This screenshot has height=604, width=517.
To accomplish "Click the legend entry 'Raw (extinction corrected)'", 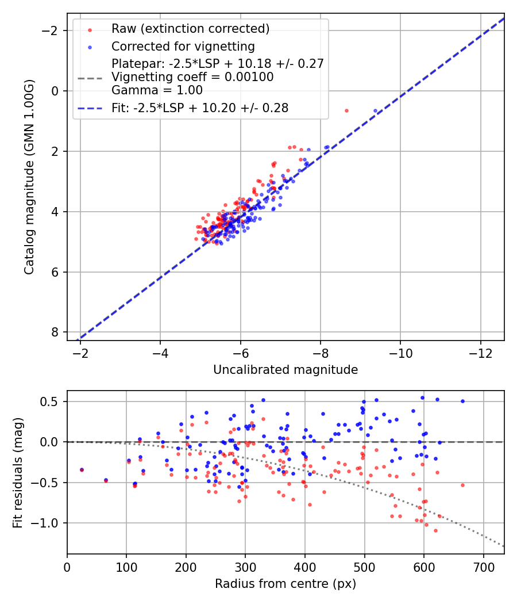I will coord(190,29).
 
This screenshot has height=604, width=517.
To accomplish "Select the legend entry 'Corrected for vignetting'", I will coord(183,46).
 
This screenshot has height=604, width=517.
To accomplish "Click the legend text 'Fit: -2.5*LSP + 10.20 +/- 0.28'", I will coord(200,108).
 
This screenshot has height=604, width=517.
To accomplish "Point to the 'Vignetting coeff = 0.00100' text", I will coord(192,77).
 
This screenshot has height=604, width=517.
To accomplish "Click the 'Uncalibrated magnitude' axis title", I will coord(285,370).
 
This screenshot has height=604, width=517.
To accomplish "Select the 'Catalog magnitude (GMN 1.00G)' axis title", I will coord(29,177).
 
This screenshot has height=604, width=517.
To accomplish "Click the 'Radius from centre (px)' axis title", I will coord(285,584).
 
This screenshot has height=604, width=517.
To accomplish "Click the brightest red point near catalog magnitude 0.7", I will coord(346,110).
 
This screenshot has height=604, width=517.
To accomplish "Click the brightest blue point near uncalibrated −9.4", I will coord(376,110).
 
